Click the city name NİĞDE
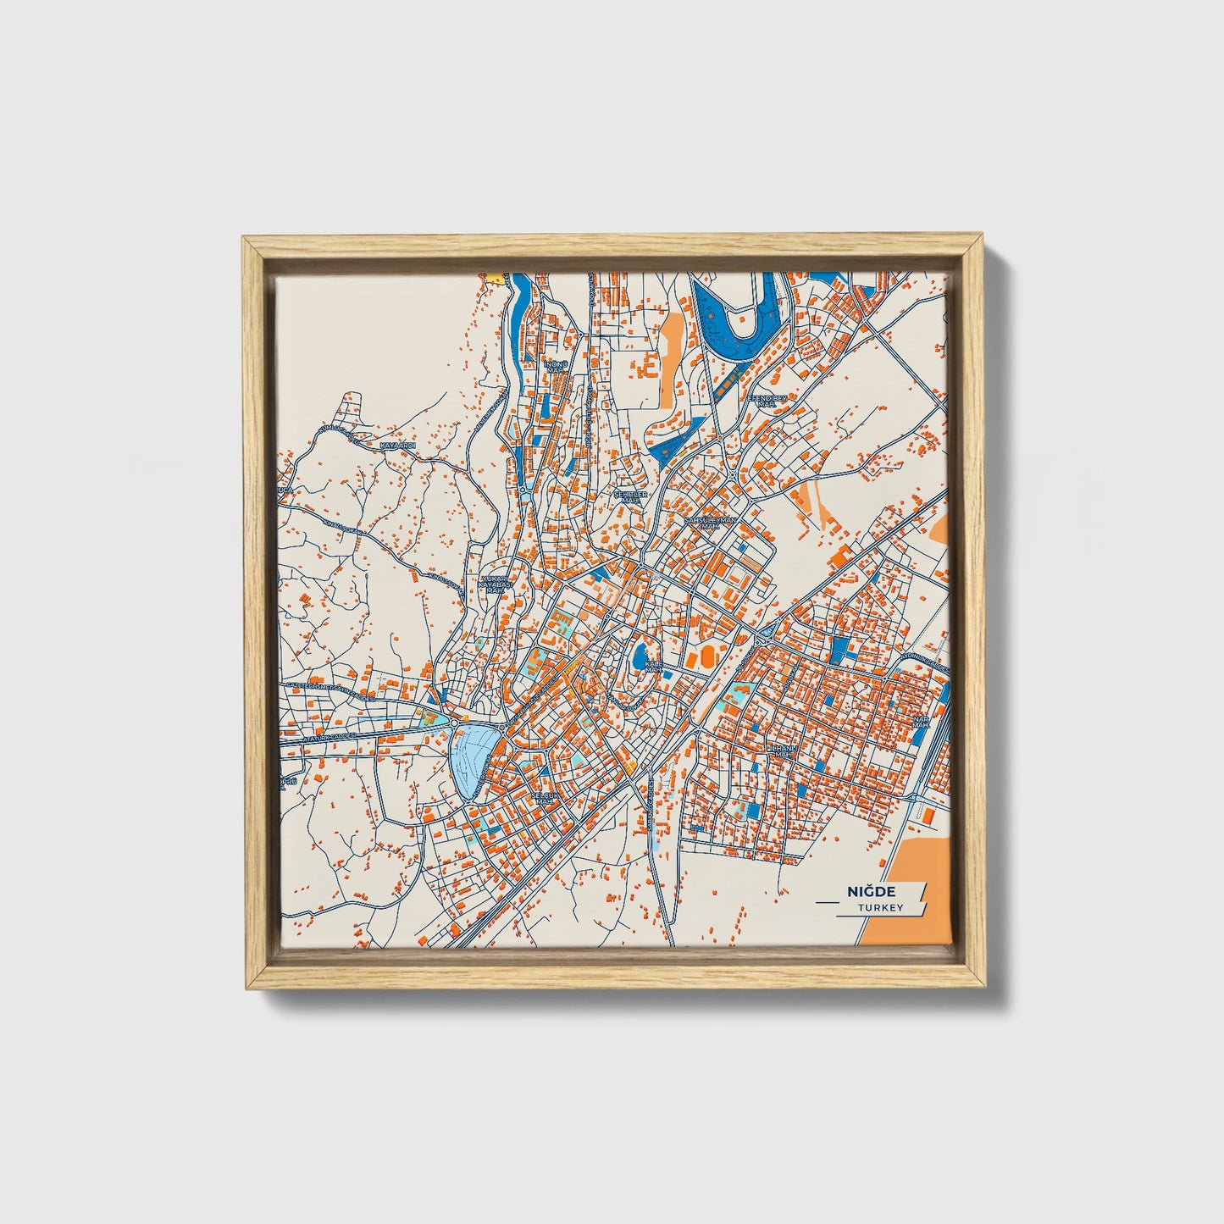point(870,891)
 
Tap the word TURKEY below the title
point(879,907)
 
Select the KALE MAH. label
point(653,667)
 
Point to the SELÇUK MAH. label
point(542,800)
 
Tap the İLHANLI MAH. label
point(780,752)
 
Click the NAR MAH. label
point(920,722)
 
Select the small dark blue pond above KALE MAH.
point(640,651)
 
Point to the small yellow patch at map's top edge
point(491,276)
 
